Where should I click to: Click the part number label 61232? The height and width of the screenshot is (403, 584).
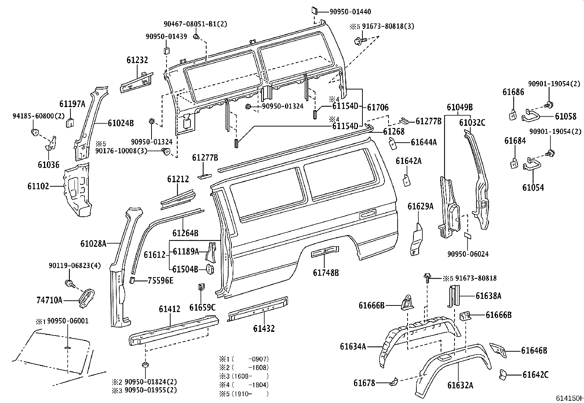137,60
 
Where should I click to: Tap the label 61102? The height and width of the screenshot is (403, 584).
38,186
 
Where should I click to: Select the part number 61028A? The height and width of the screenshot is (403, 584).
93,243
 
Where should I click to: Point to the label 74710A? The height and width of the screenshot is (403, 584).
49,300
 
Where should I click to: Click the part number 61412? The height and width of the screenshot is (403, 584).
169,309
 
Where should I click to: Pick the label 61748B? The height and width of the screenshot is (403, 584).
326,273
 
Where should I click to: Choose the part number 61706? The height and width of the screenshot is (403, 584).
378,107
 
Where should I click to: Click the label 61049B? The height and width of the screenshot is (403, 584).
460,107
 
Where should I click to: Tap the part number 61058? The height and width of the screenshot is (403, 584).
566,116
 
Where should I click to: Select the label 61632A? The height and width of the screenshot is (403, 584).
460,385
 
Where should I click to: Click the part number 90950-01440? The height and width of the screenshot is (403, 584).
350,12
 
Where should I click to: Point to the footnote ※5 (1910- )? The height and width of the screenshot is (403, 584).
244,393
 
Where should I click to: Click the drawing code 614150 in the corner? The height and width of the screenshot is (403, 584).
569,398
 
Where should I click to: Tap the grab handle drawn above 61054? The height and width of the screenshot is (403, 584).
532,165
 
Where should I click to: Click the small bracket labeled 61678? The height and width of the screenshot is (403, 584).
394,381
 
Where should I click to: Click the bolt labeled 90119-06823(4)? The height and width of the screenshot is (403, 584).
70,283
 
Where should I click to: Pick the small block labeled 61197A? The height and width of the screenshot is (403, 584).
70,122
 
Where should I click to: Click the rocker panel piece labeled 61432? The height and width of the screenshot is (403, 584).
258,309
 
